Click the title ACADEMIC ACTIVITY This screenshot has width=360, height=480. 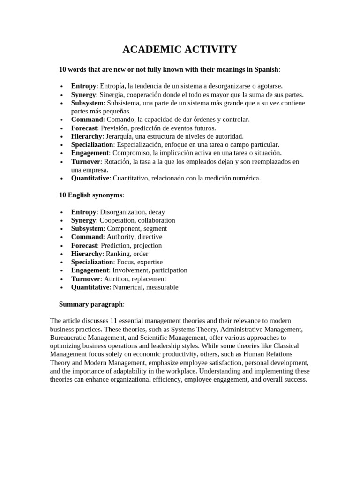[180, 50]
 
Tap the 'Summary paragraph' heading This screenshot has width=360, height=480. [91, 304]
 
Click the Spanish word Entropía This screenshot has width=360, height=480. [113, 86]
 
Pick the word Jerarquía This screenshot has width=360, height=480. [119, 136]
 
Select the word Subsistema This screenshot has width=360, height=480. [123, 103]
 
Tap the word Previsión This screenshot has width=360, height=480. [113, 128]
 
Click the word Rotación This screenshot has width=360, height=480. [117, 162]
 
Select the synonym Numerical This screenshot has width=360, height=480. [128, 287]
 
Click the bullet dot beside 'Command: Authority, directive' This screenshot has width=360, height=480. [62, 238]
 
